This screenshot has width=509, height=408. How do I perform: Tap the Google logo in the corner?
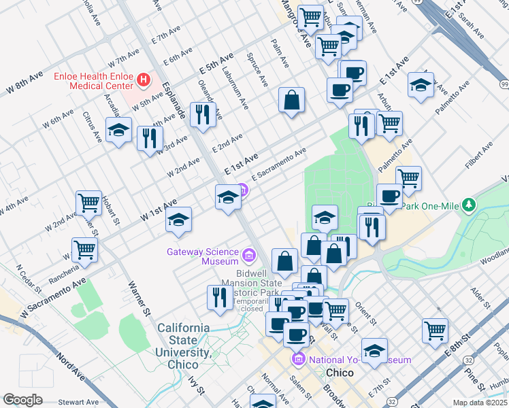22,400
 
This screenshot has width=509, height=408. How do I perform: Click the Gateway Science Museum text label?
203,256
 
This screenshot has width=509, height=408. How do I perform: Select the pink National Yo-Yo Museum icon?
297,359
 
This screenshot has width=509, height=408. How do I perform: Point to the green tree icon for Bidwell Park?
468,205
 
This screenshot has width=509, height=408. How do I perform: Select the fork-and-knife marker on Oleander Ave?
203,114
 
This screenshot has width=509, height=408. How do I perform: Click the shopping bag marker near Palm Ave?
291,101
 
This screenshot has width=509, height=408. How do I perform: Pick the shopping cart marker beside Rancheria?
85,249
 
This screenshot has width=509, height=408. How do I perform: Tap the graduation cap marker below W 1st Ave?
179,220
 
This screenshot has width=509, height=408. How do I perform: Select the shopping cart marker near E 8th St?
435,330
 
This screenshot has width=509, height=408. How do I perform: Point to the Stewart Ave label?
67,402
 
